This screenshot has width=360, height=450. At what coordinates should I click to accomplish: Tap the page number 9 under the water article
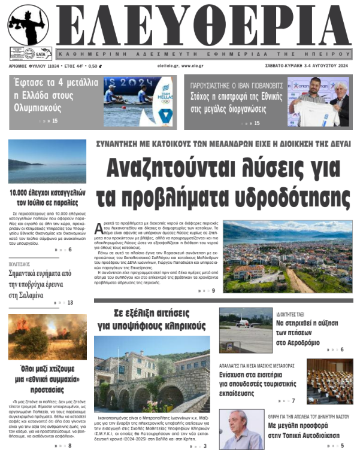click(x=213, y=290)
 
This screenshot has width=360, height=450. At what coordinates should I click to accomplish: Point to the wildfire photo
click(x=48, y=336)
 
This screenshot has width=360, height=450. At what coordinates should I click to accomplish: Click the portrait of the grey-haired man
click(x=242, y=429)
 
